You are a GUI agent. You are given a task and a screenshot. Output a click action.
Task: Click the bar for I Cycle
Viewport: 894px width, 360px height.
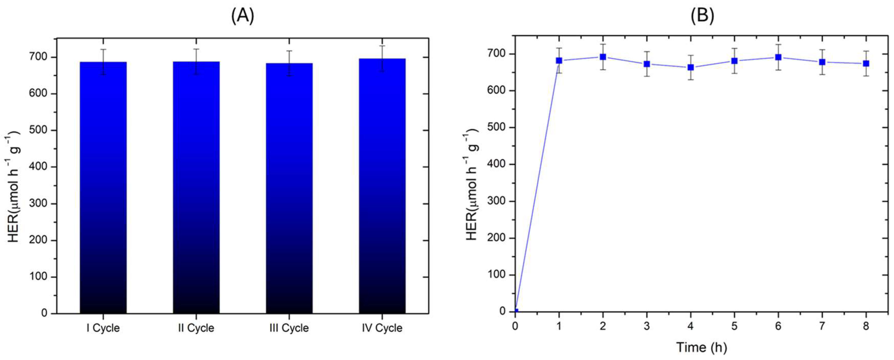[103, 187]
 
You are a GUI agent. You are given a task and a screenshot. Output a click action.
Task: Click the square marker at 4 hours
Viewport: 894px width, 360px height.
[691, 67]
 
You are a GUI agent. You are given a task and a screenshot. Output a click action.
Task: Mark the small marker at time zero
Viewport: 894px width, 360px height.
[516, 311]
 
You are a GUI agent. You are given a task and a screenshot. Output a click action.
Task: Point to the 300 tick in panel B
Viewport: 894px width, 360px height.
[497, 201]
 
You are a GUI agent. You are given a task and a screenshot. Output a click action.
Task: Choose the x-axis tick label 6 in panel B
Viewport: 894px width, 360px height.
[778, 326]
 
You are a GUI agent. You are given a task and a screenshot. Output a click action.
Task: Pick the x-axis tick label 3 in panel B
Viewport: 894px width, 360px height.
[647, 326]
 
